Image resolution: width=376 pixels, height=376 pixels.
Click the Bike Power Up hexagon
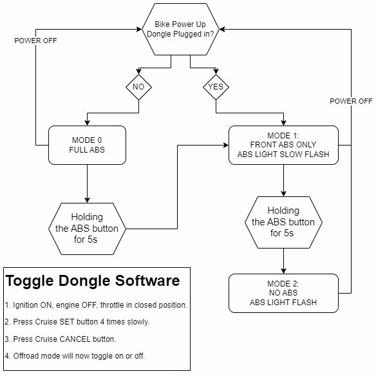tap(180, 29)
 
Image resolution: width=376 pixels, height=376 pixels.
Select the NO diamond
tap(138, 87)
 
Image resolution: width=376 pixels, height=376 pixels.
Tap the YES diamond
tap(216, 87)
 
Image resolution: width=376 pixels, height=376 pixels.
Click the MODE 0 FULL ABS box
tap(87, 145)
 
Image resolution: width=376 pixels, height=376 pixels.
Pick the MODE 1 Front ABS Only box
tap(283, 145)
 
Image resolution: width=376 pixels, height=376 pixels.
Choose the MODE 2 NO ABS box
tap(283, 293)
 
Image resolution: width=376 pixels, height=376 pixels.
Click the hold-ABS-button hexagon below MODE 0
tap(87, 229)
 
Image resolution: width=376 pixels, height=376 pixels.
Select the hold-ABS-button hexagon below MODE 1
tap(283, 222)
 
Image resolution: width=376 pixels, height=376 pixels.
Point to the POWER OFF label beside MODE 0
tap(35, 41)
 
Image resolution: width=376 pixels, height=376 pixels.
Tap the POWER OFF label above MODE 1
tap(351, 101)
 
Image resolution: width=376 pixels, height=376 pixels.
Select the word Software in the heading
tap(147, 281)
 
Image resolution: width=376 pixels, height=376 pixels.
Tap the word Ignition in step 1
tap(25, 305)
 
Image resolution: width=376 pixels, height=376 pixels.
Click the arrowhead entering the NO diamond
tap(138, 71)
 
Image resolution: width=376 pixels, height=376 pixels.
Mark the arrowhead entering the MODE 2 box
tap(283, 270)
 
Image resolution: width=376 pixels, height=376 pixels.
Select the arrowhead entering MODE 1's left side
tap(225, 145)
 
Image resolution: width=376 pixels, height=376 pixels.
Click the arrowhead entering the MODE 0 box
tap(87, 123)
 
